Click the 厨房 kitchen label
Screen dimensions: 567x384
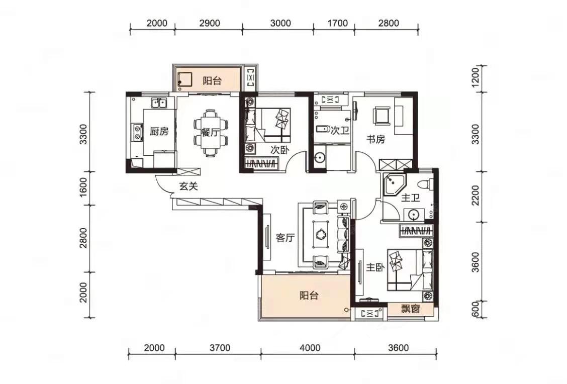pos(159,131)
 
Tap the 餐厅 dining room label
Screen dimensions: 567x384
pos(210,132)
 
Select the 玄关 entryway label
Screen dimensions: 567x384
pos(189,186)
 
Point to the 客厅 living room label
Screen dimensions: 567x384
pos(286,238)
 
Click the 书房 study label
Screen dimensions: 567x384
pos(375,139)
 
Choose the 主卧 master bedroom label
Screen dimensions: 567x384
pos(375,267)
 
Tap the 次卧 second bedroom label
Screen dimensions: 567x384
pos(279,150)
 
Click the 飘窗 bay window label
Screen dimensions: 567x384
pos(411,309)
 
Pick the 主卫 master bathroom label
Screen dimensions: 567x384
pos(411,198)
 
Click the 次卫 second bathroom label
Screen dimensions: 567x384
pos(340,131)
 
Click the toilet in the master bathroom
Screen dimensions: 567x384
pos(425,183)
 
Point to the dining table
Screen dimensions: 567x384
pos(211,132)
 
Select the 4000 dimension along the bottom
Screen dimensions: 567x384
pos(310,348)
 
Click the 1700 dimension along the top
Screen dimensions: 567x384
pos(337,23)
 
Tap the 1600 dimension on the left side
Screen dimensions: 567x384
pos(83,187)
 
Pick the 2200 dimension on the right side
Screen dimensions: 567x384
pos(476,195)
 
